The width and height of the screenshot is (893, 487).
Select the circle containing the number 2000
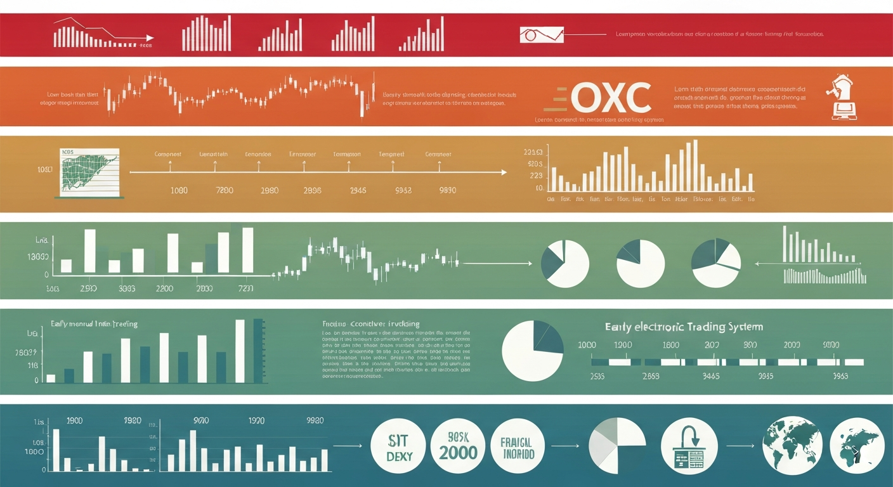[457, 446]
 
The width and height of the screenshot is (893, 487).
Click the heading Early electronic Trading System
[683, 327]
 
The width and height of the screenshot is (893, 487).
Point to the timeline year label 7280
[225, 190]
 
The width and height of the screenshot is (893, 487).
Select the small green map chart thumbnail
[90, 171]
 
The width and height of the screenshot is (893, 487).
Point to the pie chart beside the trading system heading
[533, 351]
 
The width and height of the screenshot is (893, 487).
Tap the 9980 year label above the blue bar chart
[315, 420]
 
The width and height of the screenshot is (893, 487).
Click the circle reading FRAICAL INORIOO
[518, 446]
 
